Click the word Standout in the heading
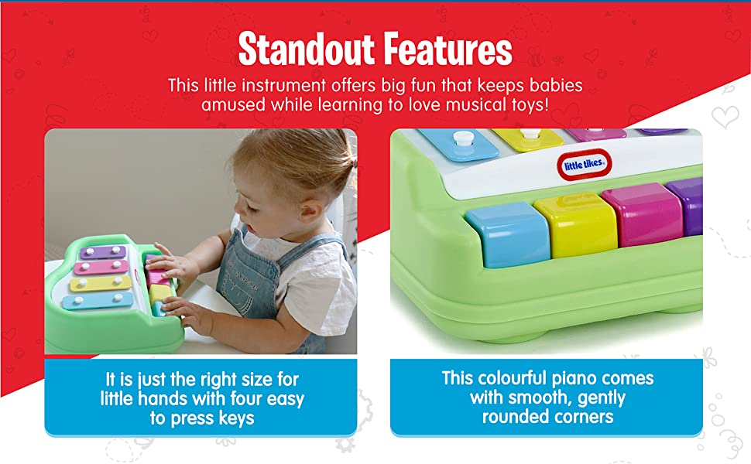(x=306, y=48)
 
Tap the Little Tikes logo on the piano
(x=584, y=165)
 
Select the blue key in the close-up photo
(x=508, y=234)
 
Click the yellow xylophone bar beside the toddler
(x=101, y=283)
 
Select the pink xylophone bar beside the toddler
(x=101, y=267)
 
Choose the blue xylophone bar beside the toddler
(x=98, y=301)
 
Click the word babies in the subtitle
(x=556, y=85)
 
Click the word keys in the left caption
(x=237, y=418)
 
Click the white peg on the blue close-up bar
(x=462, y=139)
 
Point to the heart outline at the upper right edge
(x=725, y=117)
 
